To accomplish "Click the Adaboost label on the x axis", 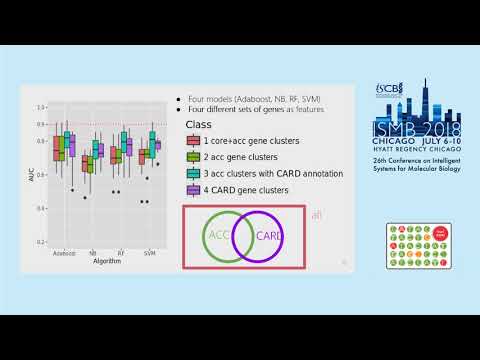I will [x=67, y=254].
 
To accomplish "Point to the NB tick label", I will [x=93, y=254].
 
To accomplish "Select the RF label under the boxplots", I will [x=120, y=254].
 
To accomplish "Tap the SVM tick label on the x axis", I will [x=148, y=254].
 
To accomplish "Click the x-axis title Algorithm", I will [x=106, y=262].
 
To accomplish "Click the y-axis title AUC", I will [x=30, y=173].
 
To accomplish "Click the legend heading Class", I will [x=199, y=125].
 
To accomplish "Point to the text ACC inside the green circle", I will [x=220, y=236].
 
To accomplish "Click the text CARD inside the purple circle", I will [x=269, y=236].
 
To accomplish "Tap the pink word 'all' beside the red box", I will [x=316, y=214].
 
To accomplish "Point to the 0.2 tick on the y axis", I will [x=40, y=242].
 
